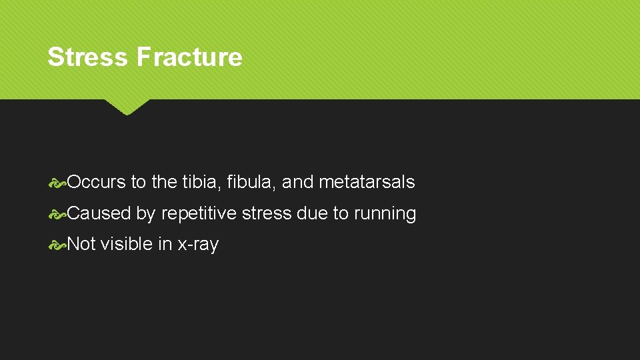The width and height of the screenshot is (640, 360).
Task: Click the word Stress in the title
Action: [88, 57]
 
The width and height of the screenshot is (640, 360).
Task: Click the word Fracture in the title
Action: [189, 57]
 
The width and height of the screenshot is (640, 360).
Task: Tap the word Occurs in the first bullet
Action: [97, 182]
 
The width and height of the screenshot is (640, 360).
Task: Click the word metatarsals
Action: [367, 182]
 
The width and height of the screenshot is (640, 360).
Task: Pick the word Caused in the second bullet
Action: [99, 213]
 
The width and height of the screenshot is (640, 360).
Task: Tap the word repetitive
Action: [199, 214]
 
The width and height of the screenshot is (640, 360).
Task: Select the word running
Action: [385, 214]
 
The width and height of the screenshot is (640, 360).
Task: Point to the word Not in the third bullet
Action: [82, 244]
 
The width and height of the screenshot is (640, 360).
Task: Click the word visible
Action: [127, 244]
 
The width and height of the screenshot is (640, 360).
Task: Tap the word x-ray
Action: [198, 245]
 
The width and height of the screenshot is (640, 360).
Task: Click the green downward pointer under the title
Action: [127, 106]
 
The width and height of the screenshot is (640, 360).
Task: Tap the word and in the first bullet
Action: [298, 182]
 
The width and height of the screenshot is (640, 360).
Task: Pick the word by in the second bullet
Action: [146, 214]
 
